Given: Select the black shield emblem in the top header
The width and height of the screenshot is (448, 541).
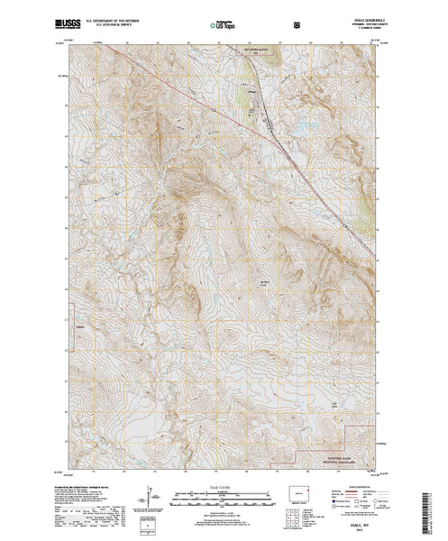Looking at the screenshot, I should click(x=259, y=19).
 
